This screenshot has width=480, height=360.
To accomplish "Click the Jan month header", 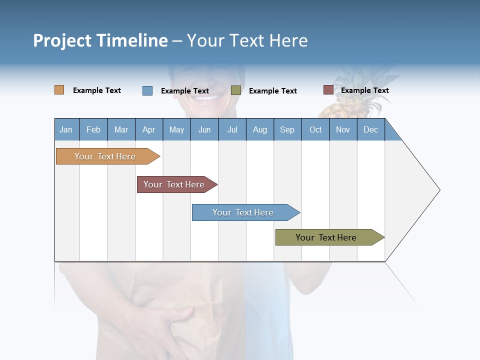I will pyautogui.click(x=66, y=129).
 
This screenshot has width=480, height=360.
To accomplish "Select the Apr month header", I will pyautogui.click(x=149, y=129).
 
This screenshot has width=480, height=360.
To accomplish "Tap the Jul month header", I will pyautogui.click(x=232, y=129).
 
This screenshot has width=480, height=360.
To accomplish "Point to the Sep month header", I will pyautogui.click(x=287, y=129).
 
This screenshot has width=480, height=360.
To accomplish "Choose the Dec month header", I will pyautogui.click(x=371, y=129).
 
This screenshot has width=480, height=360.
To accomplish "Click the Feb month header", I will pyautogui.click(x=93, y=129).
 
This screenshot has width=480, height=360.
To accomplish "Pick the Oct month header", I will pyautogui.click(x=315, y=129).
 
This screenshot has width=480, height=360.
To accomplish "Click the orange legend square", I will pyautogui.click(x=59, y=90).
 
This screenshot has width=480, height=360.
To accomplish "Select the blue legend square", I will pyautogui.click(x=147, y=90).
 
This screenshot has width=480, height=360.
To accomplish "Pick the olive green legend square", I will pyautogui.click(x=236, y=90).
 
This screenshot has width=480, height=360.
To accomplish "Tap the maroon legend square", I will pyautogui.click(x=328, y=90).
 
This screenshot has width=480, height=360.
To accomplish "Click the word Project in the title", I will pyautogui.click(x=62, y=40).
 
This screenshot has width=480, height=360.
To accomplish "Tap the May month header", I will pyautogui.click(x=176, y=129).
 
